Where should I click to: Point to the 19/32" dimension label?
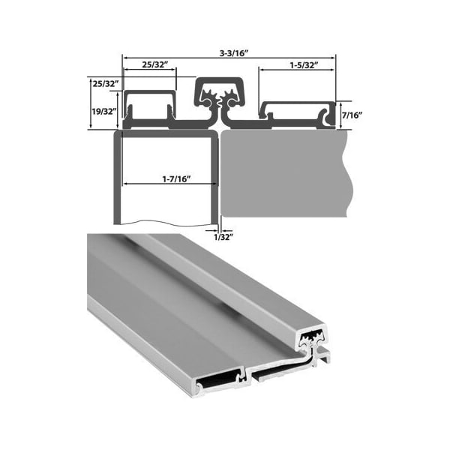(101, 110)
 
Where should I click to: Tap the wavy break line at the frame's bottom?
(165, 222)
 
